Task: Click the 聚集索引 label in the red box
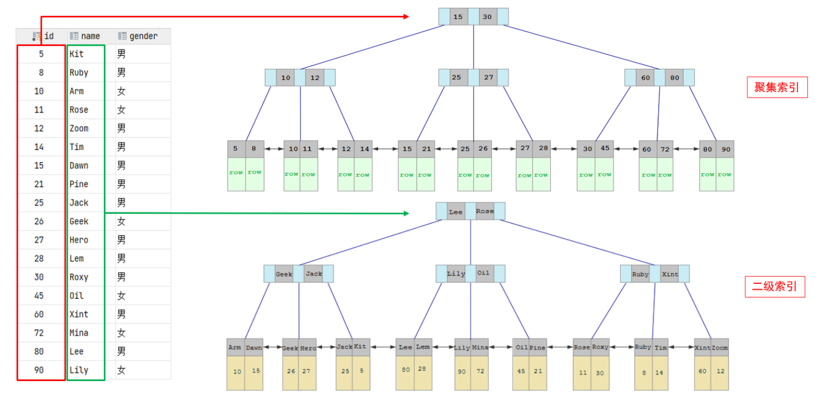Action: click(x=777, y=87)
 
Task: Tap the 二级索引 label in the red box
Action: click(x=775, y=287)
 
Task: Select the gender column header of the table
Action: click(x=143, y=36)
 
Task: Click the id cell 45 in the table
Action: click(x=39, y=296)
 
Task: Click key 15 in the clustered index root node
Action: click(x=458, y=17)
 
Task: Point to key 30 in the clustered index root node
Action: click(x=487, y=17)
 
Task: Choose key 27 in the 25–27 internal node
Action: click(x=489, y=78)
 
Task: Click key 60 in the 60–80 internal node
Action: click(x=645, y=78)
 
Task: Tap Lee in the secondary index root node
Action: click(x=456, y=212)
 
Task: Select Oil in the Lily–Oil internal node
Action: click(x=483, y=274)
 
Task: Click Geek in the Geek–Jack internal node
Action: click(x=284, y=274)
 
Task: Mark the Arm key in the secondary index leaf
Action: click(x=235, y=347)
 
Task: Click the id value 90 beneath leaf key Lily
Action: click(x=463, y=372)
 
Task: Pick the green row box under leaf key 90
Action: click(x=725, y=174)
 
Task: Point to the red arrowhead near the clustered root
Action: click(x=405, y=17)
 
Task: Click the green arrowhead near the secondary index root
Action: click(x=405, y=213)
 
